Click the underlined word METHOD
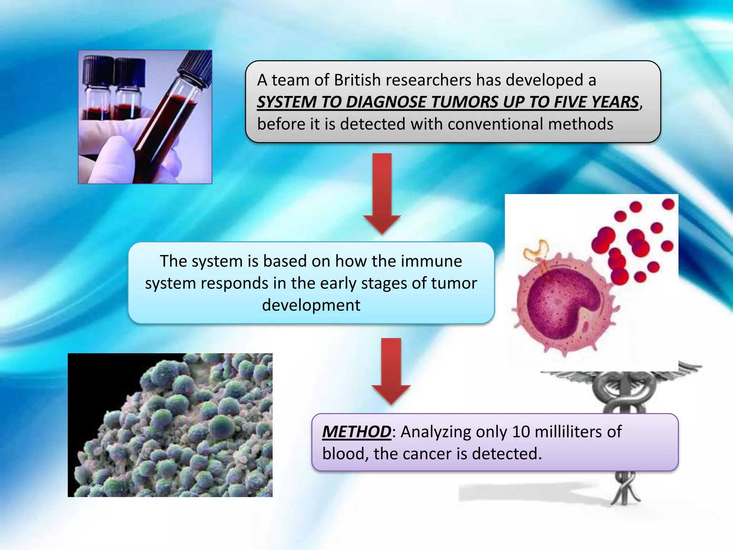[x=356, y=432]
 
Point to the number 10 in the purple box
[x=521, y=432]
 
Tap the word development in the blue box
[x=311, y=305]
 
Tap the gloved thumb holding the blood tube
[x=107, y=158]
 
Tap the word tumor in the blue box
[x=454, y=283]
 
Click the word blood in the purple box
[x=343, y=454]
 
